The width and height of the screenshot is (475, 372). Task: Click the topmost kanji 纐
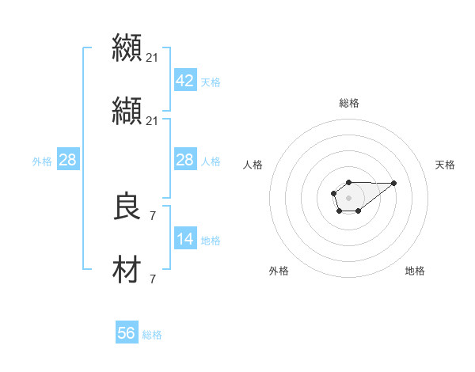pos(127,47)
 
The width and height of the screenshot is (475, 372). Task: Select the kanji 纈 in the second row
pos(127,112)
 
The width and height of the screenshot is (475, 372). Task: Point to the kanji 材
pos(127,270)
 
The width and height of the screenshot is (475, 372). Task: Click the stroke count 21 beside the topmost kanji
pos(153,57)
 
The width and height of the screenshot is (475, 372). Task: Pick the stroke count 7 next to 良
pos(153,214)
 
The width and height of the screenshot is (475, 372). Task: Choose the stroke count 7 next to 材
pos(153,279)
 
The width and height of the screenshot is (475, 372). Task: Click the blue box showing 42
pos(184,80)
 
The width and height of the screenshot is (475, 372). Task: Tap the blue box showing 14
pos(184,238)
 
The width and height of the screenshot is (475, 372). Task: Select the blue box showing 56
pos(127,333)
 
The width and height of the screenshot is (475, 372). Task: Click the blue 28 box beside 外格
pos(68,160)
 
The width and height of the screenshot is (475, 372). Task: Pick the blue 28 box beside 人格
pos(184,160)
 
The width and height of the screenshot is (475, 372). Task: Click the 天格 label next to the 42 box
pos(211,82)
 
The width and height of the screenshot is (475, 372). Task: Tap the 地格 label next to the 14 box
pos(211,240)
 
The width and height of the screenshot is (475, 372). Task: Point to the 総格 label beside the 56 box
pos(152,335)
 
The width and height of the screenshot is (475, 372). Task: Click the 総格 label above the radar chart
pos(349,103)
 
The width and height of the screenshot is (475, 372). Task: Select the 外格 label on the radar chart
pos(279,271)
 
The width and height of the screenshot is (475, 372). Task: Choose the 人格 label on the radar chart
pos(254,165)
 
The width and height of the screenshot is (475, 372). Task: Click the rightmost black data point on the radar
pos(394,183)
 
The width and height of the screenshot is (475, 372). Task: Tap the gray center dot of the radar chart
pos(348,196)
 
